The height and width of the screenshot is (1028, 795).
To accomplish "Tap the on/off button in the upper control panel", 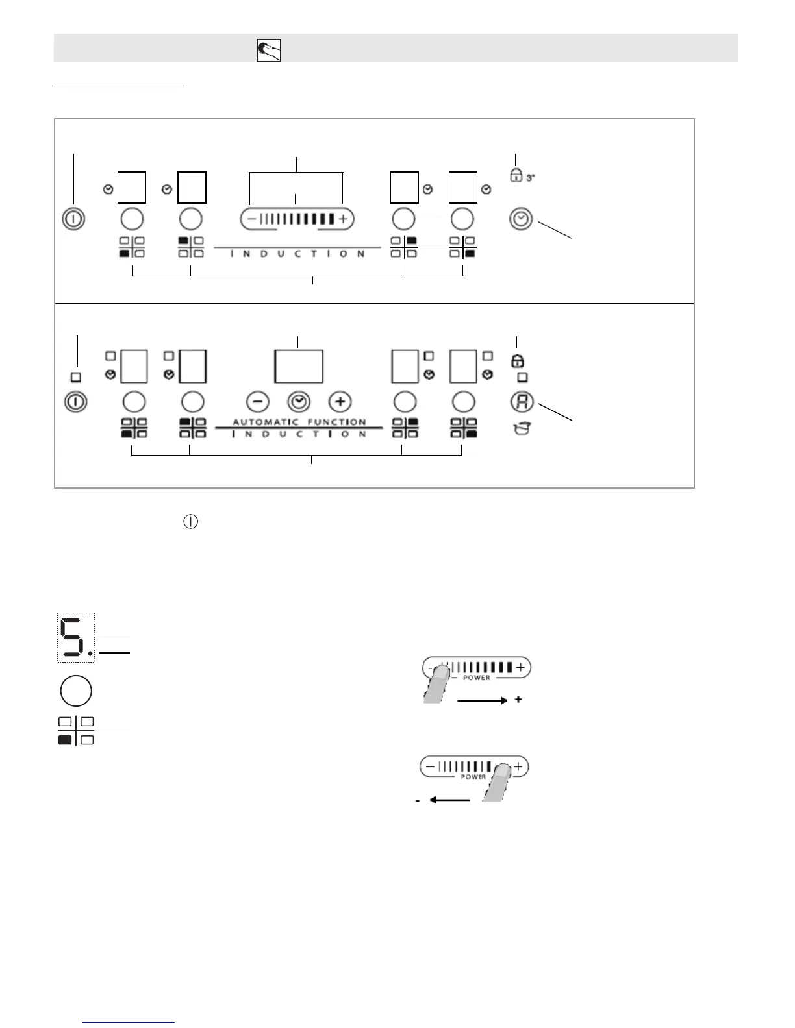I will (73, 219).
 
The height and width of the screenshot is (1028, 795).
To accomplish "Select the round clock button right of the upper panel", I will (521, 219).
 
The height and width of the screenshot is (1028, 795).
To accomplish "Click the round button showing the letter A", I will (522, 402).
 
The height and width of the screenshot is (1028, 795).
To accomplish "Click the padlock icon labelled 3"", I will (516, 175).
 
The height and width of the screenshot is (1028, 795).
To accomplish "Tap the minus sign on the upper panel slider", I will (251, 219).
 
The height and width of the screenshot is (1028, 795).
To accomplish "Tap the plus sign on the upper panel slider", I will (343, 219).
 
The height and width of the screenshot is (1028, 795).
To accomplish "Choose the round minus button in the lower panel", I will (258, 402).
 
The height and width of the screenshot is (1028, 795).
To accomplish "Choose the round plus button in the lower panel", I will (340, 402).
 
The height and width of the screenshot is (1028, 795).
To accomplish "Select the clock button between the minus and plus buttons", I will (299, 402).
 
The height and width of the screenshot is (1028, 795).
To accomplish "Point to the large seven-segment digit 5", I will (73, 637).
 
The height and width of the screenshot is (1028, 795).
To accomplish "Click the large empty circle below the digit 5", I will (76, 691).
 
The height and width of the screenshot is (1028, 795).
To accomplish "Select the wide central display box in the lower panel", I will (299, 367).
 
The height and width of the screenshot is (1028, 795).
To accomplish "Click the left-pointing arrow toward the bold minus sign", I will (449, 800).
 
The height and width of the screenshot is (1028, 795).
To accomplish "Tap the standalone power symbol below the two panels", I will (190, 522).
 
